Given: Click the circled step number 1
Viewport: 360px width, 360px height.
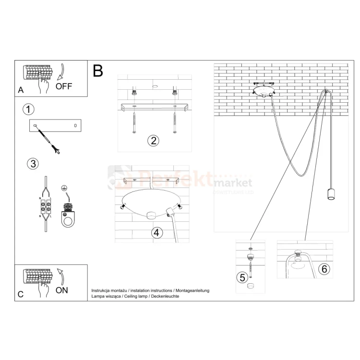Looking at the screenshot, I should click(28, 109).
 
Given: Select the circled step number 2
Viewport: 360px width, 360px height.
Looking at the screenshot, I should click(153, 141).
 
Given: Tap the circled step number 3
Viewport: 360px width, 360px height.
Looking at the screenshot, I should click(32, 164).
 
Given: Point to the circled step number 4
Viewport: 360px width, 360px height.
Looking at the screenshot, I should click(156, 233).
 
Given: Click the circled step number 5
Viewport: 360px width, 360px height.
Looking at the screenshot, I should click(242, 277).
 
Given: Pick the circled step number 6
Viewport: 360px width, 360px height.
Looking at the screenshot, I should click(324, 269).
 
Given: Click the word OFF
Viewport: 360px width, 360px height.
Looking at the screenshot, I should click(64, 87).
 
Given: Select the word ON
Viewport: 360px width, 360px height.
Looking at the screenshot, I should click(62, 290).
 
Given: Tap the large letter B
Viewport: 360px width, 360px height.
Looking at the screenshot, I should click(98, 72).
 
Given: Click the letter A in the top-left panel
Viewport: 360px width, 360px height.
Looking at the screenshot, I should click(20, 90).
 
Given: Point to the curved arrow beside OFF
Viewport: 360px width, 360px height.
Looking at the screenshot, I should click(60, 72).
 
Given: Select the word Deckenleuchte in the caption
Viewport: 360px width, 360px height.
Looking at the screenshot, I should click(166, 297).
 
